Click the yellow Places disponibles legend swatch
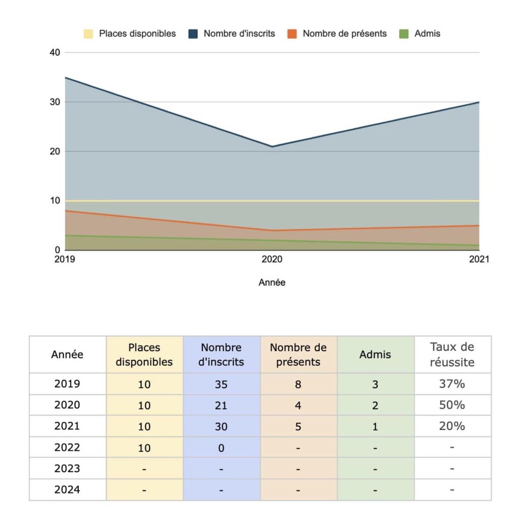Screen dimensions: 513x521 (x=88, y=34)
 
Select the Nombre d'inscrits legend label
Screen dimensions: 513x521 (x=239, y=34)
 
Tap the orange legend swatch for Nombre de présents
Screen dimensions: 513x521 (x=292, y=34)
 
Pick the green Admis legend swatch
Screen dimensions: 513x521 (x=404, y=34)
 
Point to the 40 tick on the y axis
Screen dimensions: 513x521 (x=55, y=52)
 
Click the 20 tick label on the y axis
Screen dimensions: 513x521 (x=55, y=152)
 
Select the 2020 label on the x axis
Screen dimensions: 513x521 (x=272, y=259)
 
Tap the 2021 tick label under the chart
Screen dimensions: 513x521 (x=479, y=259)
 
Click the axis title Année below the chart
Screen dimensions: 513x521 (x=272, y=282)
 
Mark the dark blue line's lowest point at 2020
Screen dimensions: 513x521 (x=273, y=147)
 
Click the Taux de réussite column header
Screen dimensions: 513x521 (x=452, y=355)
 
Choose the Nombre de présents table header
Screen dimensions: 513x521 (x=298, y=355)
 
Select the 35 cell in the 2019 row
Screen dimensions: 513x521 (x=221, y=385)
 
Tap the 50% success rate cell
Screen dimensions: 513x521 (x=452, y=405)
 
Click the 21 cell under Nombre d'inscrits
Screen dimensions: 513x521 (x=221, y=406)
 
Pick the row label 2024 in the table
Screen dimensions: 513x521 (x=67, y=490)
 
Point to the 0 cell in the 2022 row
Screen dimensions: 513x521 (x=221, y=448)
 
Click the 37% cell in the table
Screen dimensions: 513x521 (x=452, y=384)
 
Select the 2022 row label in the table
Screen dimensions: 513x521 (x=67, y=448)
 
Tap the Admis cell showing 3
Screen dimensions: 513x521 (x=375, y=385)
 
